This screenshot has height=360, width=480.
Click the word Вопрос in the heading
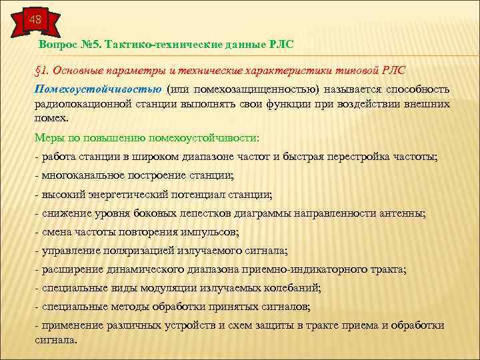click(x=58, y=44)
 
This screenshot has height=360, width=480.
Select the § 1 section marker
click(x=41, y=70)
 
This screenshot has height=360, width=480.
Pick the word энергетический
click(x=127, y=195)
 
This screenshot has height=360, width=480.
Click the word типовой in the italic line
click(x=362, y=70)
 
